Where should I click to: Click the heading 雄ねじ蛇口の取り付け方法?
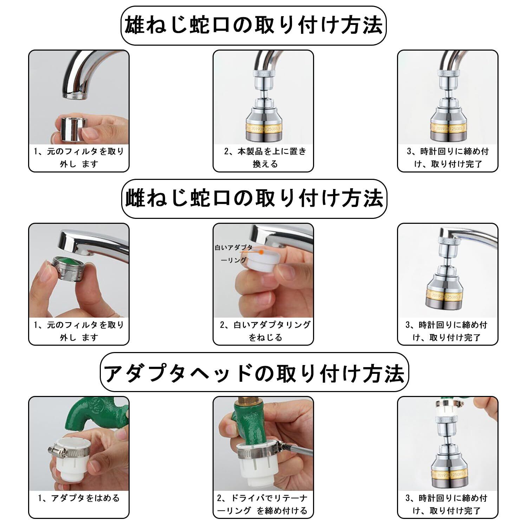pyautogui.click(x=254, y=25)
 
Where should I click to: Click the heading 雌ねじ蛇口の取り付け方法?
pyautogui.click(x=254, y=199)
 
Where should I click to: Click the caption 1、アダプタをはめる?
pyautogui.click(x=79, y=498)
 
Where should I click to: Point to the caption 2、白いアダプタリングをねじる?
pyautogui.click(x=265, y=331)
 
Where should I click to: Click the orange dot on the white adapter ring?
pyautogui.click(x=261, y=252)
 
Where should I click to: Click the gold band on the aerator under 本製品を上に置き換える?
pyautogui.click(x=263, y=129)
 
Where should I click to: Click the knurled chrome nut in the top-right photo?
pyautogui.click(x=448, y=73)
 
